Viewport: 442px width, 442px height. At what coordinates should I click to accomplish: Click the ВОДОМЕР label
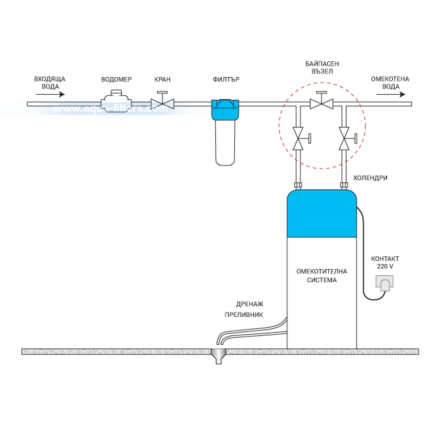coord(116,79)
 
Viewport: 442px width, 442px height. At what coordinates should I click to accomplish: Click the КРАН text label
coord(162,79)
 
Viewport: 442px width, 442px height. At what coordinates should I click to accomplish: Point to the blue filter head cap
coord(225,110)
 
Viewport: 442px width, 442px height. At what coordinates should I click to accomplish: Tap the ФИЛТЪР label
coord(226,79)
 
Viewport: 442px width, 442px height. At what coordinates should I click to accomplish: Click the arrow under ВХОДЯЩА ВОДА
coord(51,94)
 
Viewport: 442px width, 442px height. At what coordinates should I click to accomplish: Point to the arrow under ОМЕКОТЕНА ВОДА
coord(391,94)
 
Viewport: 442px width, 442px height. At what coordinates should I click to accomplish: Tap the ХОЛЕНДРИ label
coord(370,178)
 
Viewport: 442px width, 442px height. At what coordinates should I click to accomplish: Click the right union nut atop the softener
coord(344,185)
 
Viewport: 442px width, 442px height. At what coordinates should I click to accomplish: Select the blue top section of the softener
coord(322,213)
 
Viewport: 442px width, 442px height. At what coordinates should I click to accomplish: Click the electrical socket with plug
coord(385,283)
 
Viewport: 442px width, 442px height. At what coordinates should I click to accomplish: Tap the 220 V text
coord(385,266)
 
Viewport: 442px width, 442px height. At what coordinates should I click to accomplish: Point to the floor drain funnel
coord(218,356)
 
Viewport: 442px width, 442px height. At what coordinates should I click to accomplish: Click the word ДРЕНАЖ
coord(249,304)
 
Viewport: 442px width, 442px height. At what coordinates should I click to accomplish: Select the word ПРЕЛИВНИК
coord(244,315)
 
